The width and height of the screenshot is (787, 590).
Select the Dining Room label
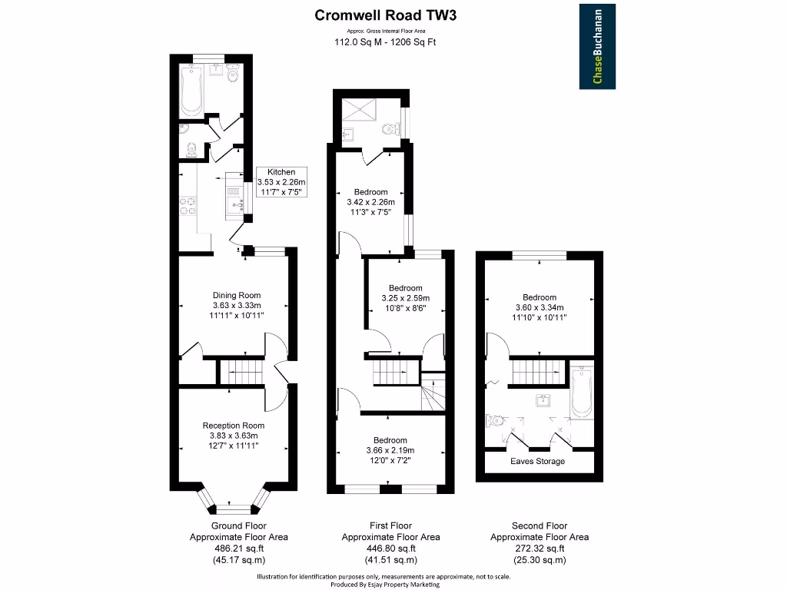[237, 295]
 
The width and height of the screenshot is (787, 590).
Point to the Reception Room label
[234, 426]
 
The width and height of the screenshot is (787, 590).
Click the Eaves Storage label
[538, 462]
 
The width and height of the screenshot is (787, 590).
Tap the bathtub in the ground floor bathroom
[190, 91]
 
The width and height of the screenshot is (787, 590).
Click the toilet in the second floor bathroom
[493, 420]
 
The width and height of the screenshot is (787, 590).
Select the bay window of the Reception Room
[233, 503]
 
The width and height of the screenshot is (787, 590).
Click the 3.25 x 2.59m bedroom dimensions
[405, 298]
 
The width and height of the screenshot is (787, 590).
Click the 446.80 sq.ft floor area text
[390, 549]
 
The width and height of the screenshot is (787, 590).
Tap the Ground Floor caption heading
[238, 526]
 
